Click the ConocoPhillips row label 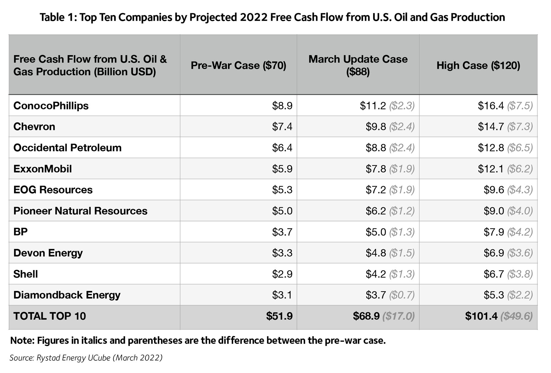point(51,106)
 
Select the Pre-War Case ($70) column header point(238,65)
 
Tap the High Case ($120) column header point(478,65)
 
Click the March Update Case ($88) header point(358,65)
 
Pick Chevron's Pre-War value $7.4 point(282,126)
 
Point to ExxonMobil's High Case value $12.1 point(490,169)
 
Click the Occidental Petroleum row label point(67,148)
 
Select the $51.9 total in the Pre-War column point(279,316)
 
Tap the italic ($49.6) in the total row point(516,316)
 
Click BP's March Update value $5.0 point(376,232)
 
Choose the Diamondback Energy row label point(67,295)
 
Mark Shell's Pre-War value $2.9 point(282,274)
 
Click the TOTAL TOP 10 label point(50,316)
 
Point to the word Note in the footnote point(22,341)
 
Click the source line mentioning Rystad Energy point(86,358)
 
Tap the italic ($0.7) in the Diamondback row point(402,295)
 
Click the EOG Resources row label point(53,190)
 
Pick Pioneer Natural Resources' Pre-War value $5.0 point(282,211)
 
